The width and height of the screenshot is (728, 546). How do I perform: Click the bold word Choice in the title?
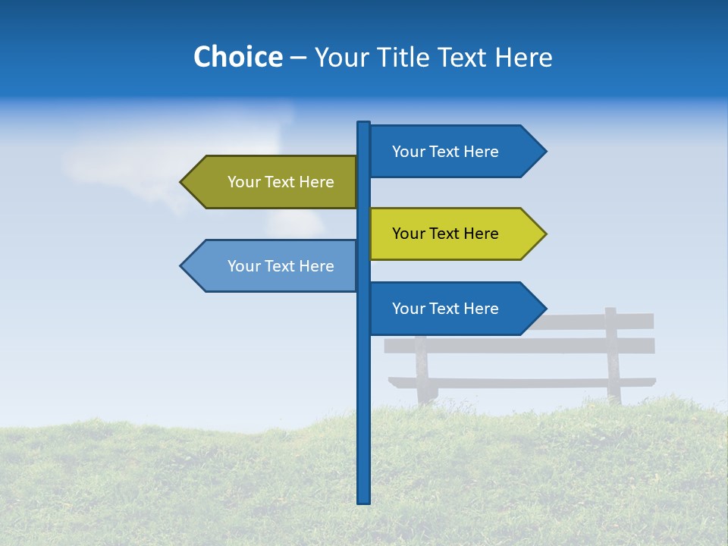[x=237, y=57]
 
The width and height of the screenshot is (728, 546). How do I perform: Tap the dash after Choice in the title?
[x=298, y=58]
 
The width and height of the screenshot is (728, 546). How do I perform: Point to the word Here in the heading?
[x=522, y=57]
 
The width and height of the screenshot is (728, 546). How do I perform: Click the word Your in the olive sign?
[x=243, y=182]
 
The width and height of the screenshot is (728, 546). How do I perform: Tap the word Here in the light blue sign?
[x=316, y=266]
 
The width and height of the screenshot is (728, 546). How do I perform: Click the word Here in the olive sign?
[x=316, y=182]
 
